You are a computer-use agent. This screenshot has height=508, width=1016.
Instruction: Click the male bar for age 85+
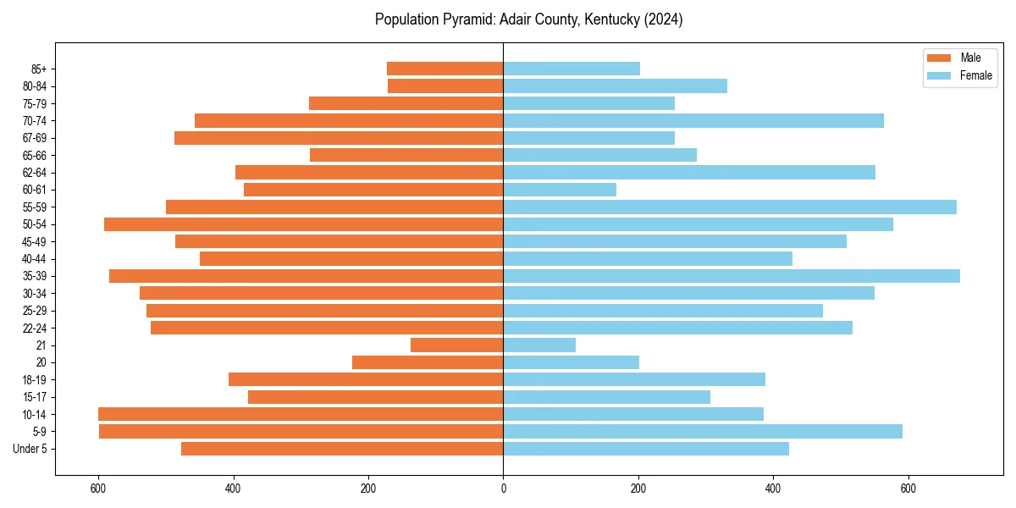pos(445,69)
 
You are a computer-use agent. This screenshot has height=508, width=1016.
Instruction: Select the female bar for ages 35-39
pos(732,276)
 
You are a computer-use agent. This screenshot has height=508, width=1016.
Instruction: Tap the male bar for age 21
pos(457,345)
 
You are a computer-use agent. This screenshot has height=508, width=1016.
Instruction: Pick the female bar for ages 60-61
pos(560,190)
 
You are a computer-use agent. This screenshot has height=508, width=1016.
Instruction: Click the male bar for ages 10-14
pos(301,414)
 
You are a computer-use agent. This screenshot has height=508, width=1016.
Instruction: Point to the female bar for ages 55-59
pos(730,207)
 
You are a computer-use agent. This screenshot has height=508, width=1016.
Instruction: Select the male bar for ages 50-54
pos(304,224)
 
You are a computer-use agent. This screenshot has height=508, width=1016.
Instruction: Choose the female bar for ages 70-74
pos(693,121)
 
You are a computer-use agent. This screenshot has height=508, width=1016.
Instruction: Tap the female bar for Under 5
pos(646,449)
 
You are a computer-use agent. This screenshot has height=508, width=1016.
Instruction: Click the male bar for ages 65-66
pos(406,155)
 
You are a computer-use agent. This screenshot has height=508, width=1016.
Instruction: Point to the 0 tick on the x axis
pos(504,488)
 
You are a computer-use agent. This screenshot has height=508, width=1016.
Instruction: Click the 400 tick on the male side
pos(234,488)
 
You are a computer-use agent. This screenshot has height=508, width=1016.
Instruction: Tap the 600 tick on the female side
pos(908,488)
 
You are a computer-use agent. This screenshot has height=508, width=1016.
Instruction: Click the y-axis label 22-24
pos(35,329)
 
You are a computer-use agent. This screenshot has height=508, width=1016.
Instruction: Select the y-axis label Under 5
pos(30,449)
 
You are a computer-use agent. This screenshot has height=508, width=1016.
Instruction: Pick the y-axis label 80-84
pos(35,86)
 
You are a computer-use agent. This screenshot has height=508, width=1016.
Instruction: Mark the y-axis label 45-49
pos(35,242)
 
